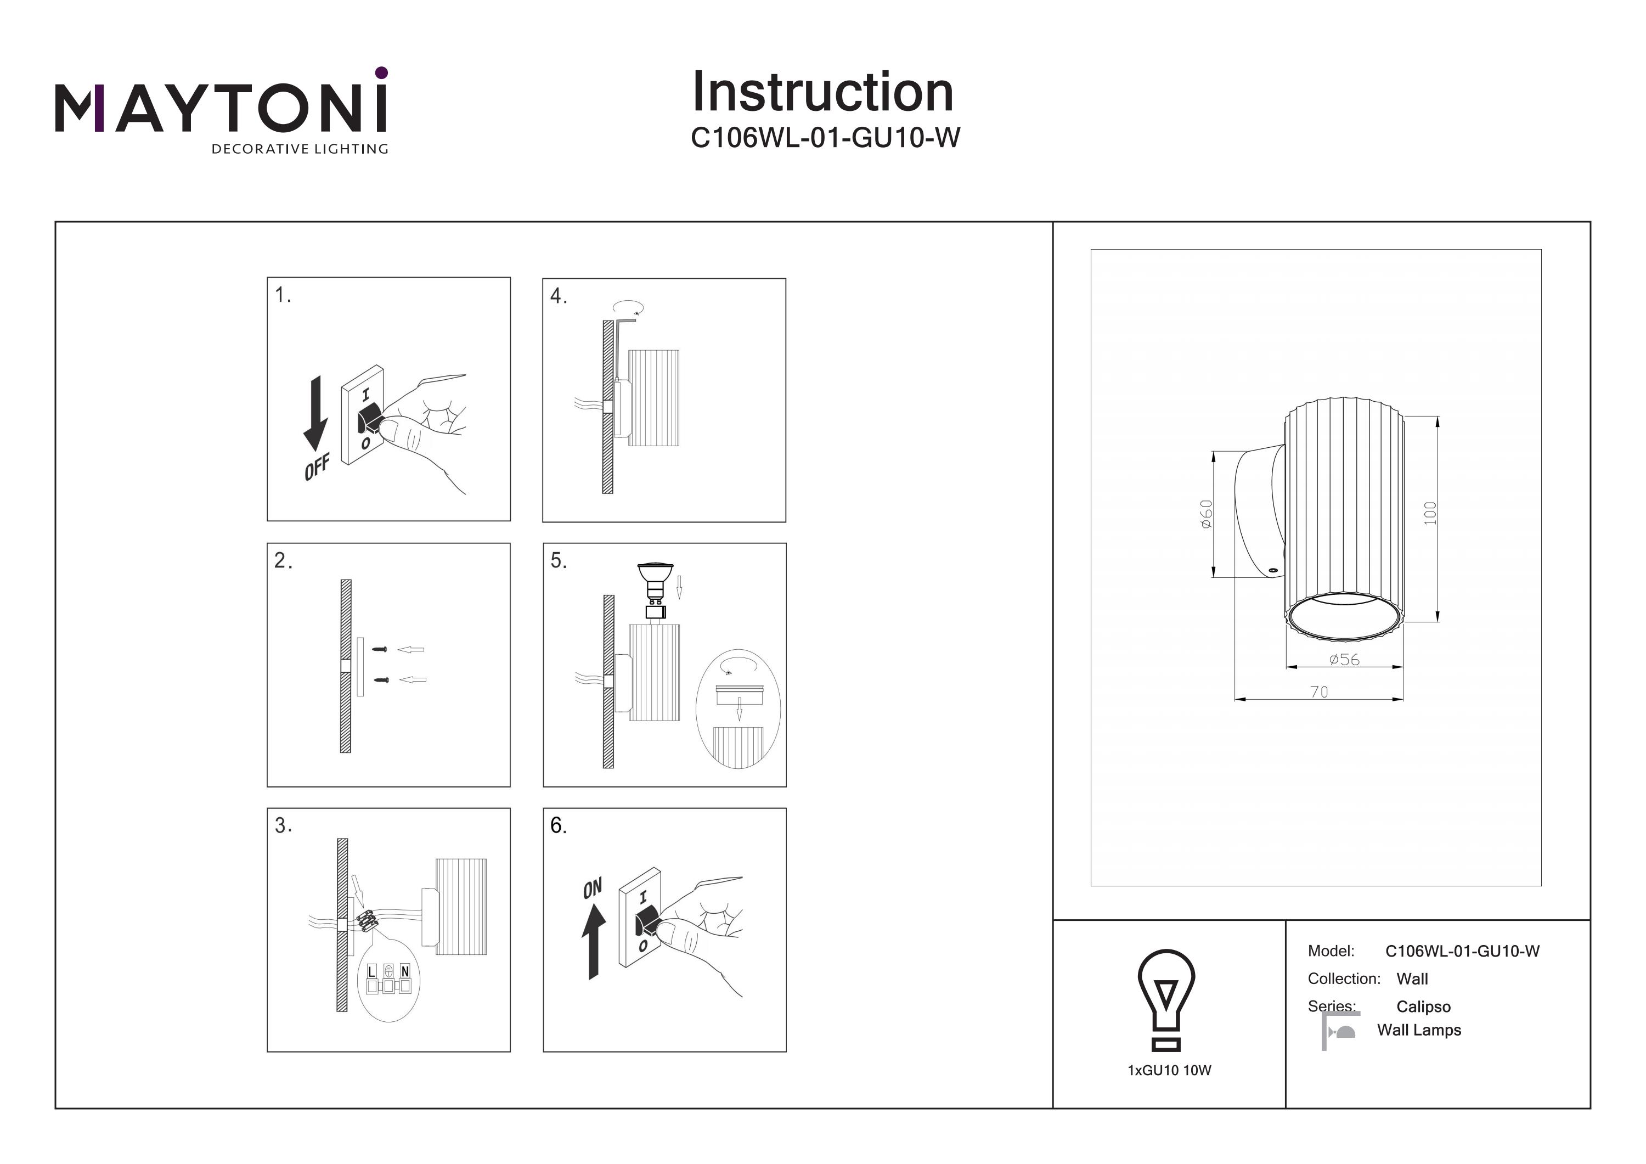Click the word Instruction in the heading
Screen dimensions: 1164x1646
click(x=822, y=93)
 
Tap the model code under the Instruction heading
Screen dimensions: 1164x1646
click(x=825, y=138)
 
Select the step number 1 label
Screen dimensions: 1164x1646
click(x=283, y=295)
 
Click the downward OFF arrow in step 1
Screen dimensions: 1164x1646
click(x=315, y=414)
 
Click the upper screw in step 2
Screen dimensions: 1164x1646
click(x=381, y=650)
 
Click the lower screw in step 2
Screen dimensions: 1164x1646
click(x=381, y=680)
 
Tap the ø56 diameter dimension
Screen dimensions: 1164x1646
click(x=1344, y=659)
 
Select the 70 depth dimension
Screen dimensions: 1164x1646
click(x=1318, y=691)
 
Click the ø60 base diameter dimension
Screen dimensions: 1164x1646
click(x=1207, y=514)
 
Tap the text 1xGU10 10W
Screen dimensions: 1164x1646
click(x=1169, y=1071)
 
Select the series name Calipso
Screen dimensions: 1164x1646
click(x=1423, y=1007)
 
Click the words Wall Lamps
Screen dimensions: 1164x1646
click(x=1419, y=1030)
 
